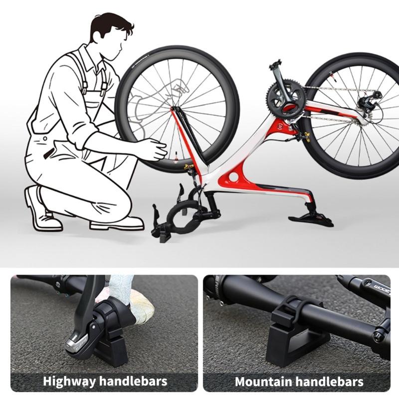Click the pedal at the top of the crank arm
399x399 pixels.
(275, 65)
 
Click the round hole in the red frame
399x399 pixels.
(233, 177)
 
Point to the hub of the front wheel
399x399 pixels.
(176, 106)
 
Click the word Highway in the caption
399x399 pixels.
(69, 382)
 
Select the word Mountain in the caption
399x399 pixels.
(263, 382)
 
